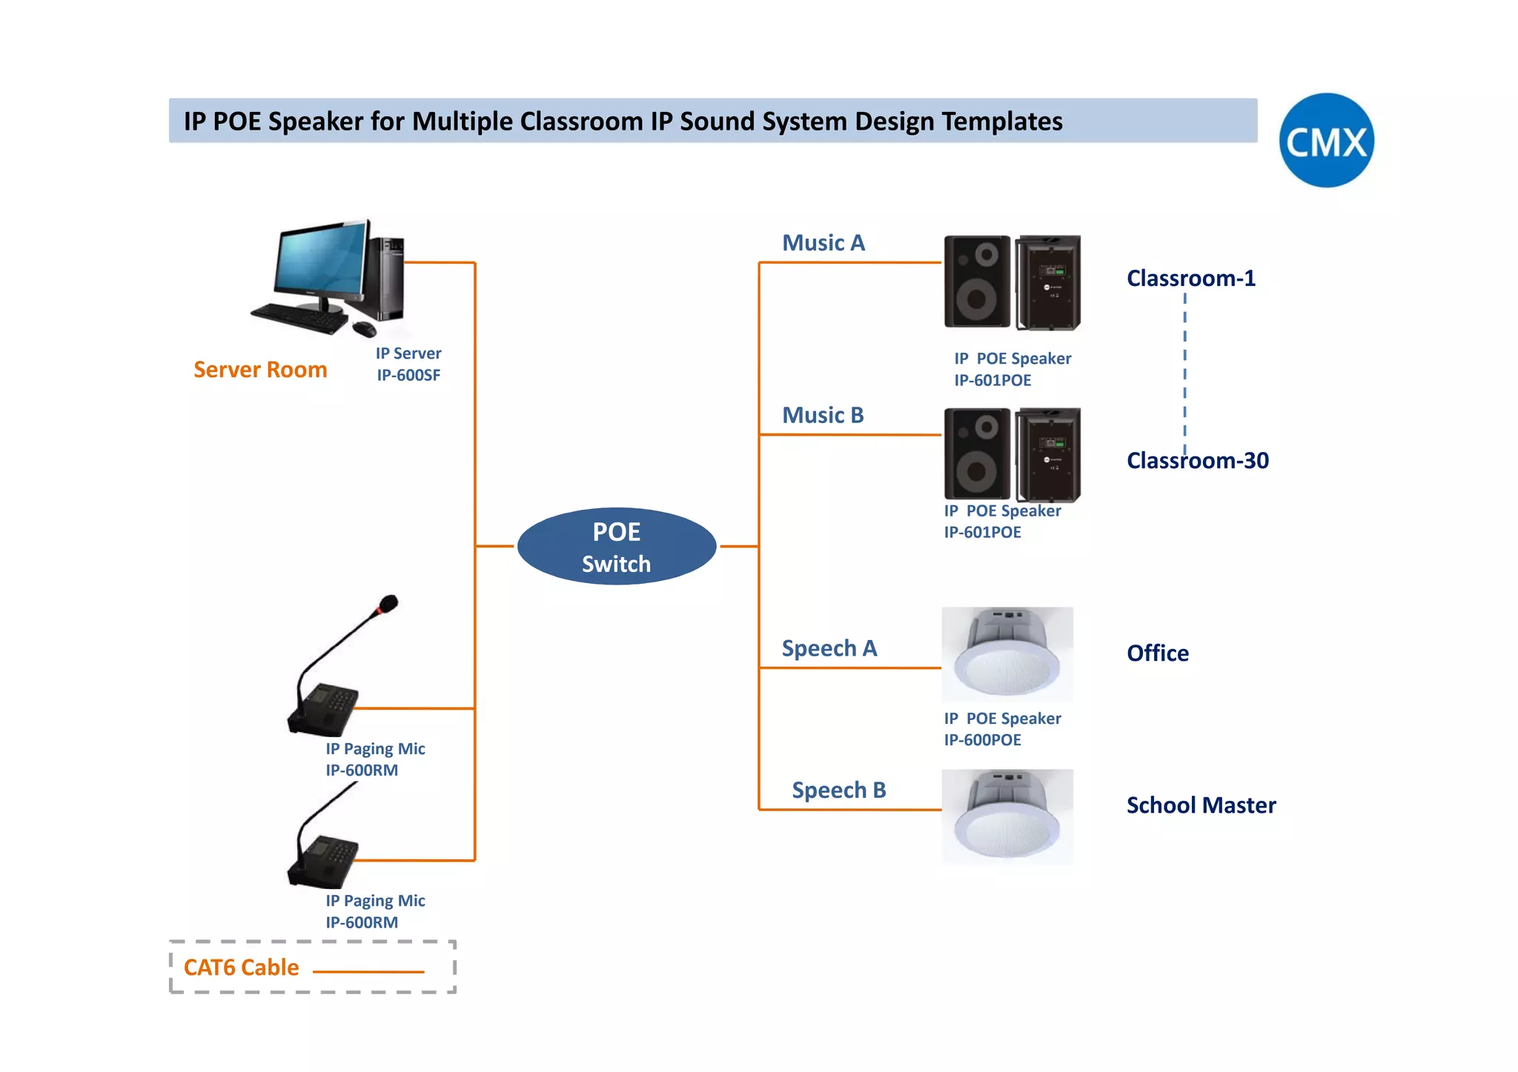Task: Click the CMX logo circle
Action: (x=1326, y=140)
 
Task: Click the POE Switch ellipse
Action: (x=617, y=547)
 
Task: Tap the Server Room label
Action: (x=260, y=370)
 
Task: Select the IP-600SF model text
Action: (x=408, y=375)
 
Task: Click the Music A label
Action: (x=823, y=243)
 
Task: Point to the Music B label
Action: (x=823, y=416)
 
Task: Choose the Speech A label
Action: (x=829, y=648)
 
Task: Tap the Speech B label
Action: (x=838, y=790)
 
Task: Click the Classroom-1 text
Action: (x=1190, y=279)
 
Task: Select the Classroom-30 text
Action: (x=1197, y=461)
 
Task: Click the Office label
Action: (x=1157, y=653)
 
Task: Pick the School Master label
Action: (x=1201, y=805)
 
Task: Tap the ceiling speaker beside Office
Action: (x=1007, y=655)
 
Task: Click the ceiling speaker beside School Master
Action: (x=1007, y=816)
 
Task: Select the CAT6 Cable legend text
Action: (x=241, y=968)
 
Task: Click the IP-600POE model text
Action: (x=982, y=740)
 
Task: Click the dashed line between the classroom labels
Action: (x=1184, y=370)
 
